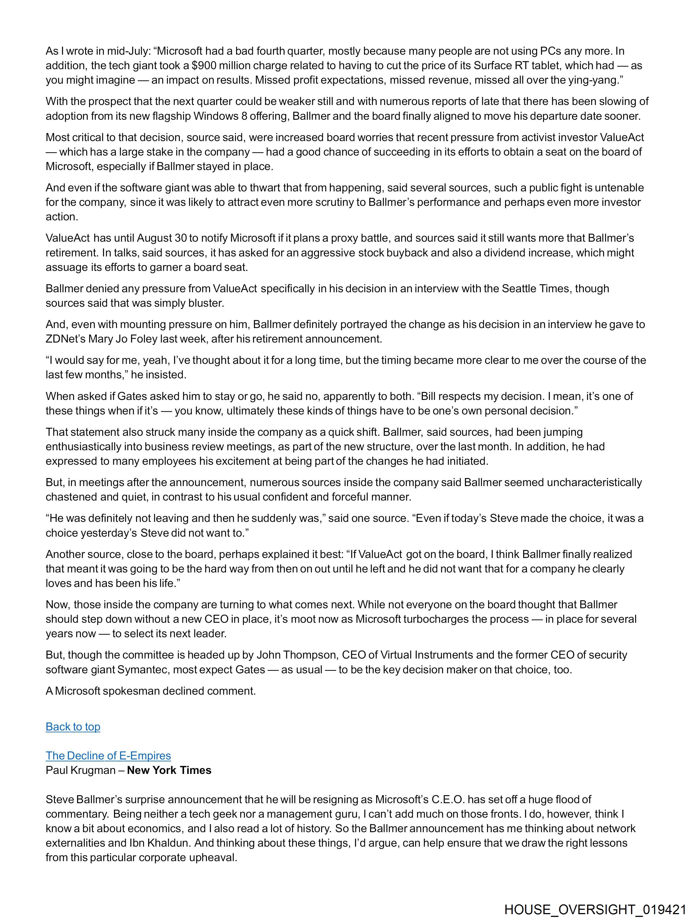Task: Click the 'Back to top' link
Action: pyautogui.click(x=73, y=727)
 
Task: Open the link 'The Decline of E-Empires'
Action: pyautogui.click(x=108, y=756)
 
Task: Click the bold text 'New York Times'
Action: pyautogui.click(x=169, y=770)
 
